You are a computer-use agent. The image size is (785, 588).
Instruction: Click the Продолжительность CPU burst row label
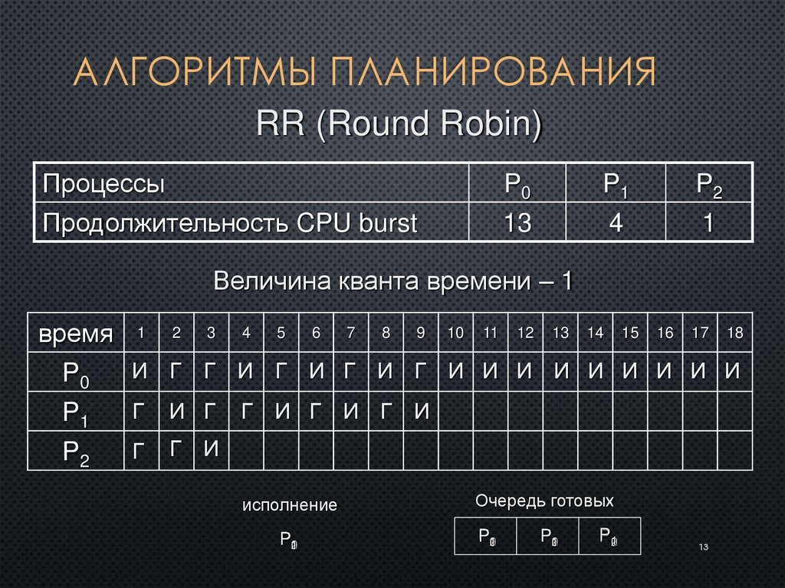click(x=230, y=223)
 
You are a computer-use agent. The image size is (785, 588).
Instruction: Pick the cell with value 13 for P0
click(x=517, y=223)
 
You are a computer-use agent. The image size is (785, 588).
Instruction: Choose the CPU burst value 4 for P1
click(x=616, y=223)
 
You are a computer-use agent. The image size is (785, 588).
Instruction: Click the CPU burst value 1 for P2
click(x=709, y=223)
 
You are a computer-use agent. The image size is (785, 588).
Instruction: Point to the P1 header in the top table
click(x=616, y=185)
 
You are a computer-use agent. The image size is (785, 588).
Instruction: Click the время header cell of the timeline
click(x=75, y=333)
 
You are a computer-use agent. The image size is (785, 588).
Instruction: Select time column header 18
click(x=734, y=333)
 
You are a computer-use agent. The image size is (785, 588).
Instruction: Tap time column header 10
click(x=455, y=333)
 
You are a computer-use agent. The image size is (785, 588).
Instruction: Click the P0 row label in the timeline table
click(x=75, y=373)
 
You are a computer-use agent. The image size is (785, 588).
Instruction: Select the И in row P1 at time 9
click(x=421, y=412)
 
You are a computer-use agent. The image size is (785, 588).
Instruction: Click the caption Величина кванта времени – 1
click(x=392, y=281)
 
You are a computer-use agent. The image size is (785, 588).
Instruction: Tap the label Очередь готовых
click(x=544, y=501)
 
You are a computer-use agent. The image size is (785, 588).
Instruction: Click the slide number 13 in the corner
click(x=703, y=547)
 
